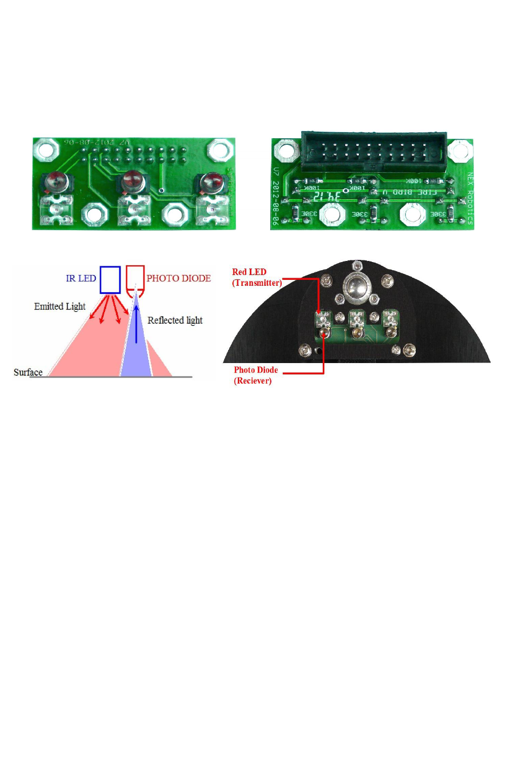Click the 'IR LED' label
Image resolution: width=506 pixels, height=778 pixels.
(x=81, y=278)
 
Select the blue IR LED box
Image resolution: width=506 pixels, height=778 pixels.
(x=110, y=280)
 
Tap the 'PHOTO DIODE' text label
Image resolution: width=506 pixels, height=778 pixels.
(x=178, y=278)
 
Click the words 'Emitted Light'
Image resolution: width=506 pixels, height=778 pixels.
(x=59, y=306)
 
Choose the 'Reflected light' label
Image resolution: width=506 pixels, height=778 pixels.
(x=175, y=320)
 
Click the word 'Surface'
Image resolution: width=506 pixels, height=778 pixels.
(x=28, y=372)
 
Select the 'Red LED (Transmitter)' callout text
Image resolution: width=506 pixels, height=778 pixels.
(x=257, y=277)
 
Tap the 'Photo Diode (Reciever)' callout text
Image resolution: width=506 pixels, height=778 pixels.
(x=255, y=375)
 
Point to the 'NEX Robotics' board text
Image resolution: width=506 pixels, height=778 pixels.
(x=469, y=199)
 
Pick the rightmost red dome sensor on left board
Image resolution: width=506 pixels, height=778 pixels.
(x=211, y=183)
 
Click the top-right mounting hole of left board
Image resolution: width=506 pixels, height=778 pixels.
(x=221, y=149)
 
